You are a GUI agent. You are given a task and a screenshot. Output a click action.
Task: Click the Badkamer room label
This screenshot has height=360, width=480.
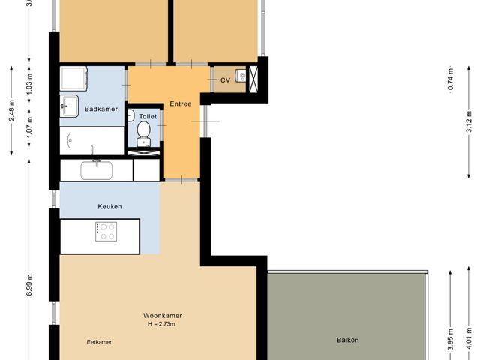tap(99, 109)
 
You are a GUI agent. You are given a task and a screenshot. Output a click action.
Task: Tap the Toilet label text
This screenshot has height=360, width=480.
tap(148, 117)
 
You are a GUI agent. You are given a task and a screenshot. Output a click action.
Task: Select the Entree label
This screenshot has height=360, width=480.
tap(181, 103)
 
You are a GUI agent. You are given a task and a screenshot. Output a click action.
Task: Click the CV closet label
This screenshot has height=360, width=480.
tap(225, 79)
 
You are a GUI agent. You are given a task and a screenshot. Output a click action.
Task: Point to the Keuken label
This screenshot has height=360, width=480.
tap(109, 206)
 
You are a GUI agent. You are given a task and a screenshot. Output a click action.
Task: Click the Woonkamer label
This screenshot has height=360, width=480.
tap(163, 316)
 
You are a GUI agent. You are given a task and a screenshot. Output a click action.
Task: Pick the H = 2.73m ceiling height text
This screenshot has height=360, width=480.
tap(163, 324)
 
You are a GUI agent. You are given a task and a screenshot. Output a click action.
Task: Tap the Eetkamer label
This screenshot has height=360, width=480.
tap(99, 342)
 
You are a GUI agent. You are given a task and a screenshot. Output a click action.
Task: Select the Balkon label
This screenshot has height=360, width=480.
tap(347, 340)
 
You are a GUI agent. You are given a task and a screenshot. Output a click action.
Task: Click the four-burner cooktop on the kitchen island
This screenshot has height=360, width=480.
tap(106, 231)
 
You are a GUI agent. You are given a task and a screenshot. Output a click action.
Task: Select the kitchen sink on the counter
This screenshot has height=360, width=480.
tap(97, 170)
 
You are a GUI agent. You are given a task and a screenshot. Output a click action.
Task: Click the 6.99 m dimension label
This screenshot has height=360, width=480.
tap(29, 284)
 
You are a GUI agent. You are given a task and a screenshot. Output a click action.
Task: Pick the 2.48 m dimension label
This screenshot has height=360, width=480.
tap(12, 111)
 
